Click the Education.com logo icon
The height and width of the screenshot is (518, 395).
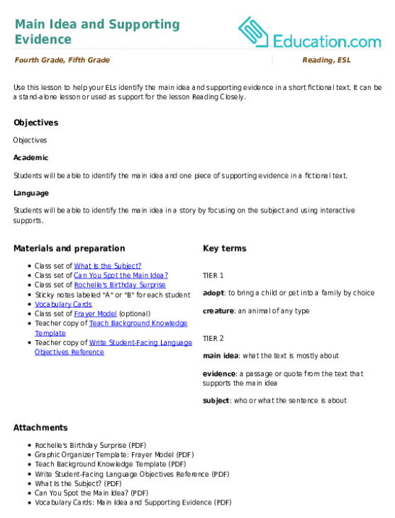click(253, 32)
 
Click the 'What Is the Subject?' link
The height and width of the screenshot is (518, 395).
click(107, 266)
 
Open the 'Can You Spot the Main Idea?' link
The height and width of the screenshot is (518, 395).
click(121, 275)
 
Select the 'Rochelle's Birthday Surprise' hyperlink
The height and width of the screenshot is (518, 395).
click(120, 285)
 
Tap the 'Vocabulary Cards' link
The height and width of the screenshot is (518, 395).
click(63, 304)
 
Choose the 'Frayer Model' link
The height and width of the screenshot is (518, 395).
click(95, 313)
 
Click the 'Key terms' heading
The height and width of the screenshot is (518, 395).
click(224, 249)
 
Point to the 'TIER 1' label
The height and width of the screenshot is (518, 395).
click(213, 276)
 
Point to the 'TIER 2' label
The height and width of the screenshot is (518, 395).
click(213, 338)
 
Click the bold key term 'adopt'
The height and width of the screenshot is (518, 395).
click(213, 293)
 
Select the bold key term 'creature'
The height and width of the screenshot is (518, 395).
click(218, 311)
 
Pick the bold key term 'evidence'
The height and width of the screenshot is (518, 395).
click(219, 373)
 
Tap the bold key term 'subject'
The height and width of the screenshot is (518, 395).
click(216, 400)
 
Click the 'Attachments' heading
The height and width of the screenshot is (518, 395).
click(40, 427)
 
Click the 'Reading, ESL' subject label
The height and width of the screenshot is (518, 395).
click(326, 60)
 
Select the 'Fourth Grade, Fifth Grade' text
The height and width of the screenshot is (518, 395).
click(62, 60)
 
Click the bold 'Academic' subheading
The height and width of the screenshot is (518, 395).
click(30, 157)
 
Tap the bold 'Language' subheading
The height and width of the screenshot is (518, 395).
click(31, 193)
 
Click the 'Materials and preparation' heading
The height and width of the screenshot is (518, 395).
click(69, 249)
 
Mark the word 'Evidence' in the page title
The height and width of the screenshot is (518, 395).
click(43, 39)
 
